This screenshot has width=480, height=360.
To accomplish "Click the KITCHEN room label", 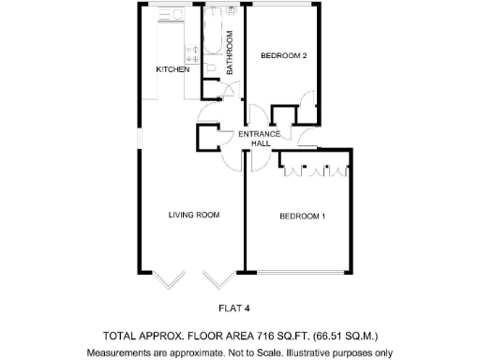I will (x=172, y=69).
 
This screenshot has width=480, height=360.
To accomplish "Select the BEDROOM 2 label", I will (x=283, y=55).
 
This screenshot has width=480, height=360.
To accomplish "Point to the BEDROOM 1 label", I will (x=302, y=217).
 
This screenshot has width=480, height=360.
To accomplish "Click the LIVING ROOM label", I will (x=193, y=215).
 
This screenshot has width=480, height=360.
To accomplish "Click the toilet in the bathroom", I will (x=212, y=67).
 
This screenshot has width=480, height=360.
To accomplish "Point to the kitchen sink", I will (x=172, y=17).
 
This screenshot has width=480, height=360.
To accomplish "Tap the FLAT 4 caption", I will (x=233, y=307).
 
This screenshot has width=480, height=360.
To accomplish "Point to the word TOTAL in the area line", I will (x=119, y=335).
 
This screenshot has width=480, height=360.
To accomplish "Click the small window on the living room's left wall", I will (x=138, y=135).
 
